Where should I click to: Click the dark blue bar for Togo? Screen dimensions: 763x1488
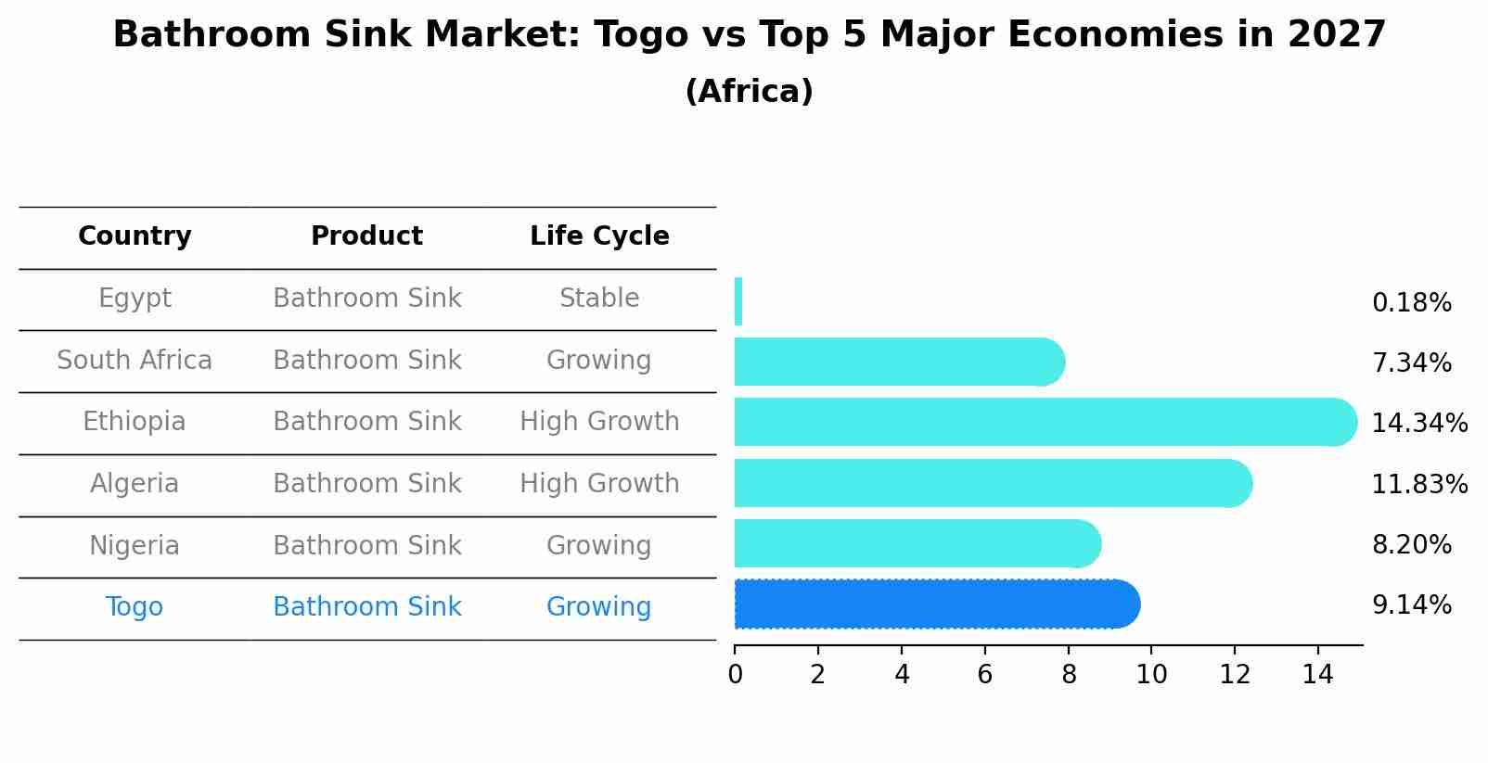(x=937, y=604)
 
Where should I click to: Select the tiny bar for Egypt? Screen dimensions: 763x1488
(x=738, y=301)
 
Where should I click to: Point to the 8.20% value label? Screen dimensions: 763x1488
(x=1411, y=545)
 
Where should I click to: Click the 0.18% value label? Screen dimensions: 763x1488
(x=1411, y=303)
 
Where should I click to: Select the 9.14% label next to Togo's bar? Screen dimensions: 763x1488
(x=1411, y=605)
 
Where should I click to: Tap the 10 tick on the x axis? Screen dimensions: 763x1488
(x=1151, y=675)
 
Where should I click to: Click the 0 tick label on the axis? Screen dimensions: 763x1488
(x=735, y=675)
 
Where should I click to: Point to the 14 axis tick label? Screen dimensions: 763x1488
(x=1317, y=675)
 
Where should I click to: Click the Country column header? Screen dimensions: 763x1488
(x=135, y=236)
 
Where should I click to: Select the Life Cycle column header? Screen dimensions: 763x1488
(x=599, y=236)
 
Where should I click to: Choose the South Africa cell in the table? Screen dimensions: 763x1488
(x=135, y=360)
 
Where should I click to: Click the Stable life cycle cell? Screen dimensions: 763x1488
(x=599, y=299)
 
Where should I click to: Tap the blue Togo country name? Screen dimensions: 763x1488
(x=135, y=607)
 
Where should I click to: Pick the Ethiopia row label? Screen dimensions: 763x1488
(x=135, y=422)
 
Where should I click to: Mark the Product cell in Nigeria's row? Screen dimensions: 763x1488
(x=367, y=545)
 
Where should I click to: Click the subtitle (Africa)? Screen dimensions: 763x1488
(x=749, y=92)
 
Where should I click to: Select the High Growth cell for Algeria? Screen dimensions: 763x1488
(x=599, y=483)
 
